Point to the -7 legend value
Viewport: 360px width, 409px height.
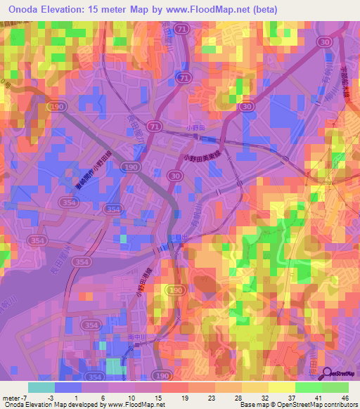pyautogui.click(x=25, y=398)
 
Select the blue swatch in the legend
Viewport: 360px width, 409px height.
pyautogui.click(x=68, y=387)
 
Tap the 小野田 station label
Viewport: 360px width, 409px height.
pyautogui.click(x=196, y=128)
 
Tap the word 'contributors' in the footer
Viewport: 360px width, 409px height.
pyautogui.click(x=340, y=405)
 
